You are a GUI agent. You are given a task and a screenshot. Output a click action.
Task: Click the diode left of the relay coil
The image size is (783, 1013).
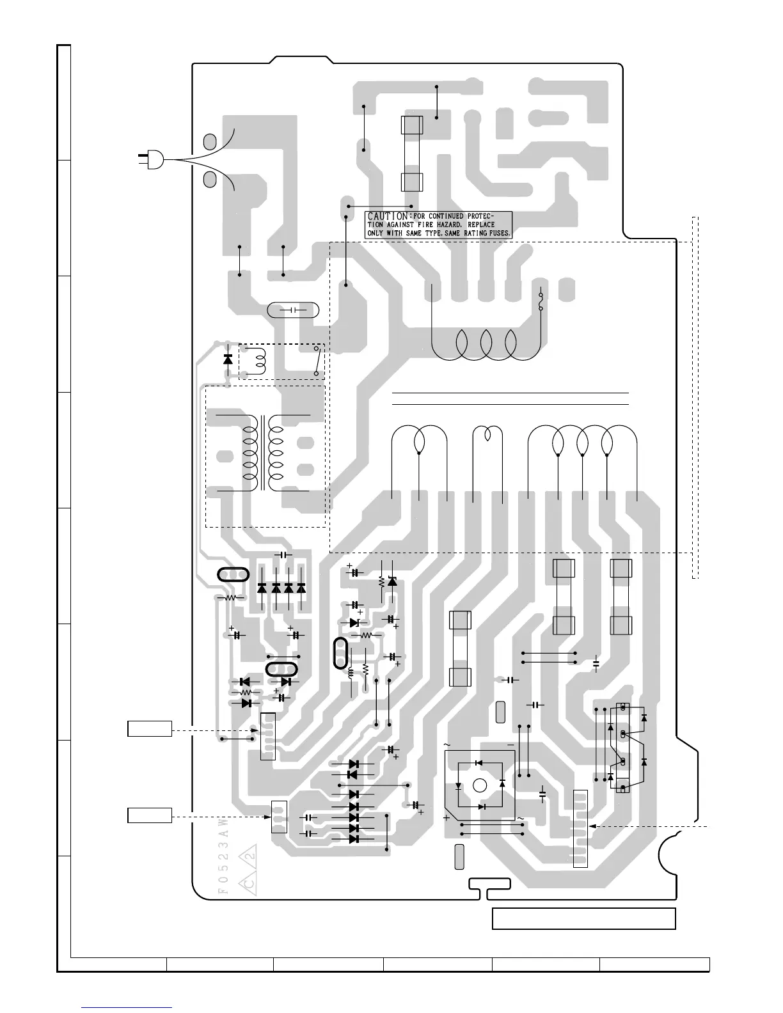pyautogui.click(x=228, y=359)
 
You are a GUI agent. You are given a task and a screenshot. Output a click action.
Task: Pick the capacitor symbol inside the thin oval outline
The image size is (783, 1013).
pyautogui.click(x=293, y=310)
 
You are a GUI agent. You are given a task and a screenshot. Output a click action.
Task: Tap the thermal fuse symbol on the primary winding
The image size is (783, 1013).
pyautogui.click(x=542, y=301)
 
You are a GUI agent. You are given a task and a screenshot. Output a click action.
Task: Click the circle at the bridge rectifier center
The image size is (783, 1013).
pyautogui.click(x=480, y=785)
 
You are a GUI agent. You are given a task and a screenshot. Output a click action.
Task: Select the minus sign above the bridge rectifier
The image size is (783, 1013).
pyautogui.click(x=511, y=746)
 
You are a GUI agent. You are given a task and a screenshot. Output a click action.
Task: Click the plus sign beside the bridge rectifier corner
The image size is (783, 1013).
pyautogui.click(x=447, y=817)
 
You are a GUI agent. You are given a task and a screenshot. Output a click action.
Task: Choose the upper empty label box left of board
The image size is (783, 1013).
pyautogui.click(x=150, y=728)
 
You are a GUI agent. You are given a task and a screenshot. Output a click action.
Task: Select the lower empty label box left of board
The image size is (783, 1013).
pyautogui.click(x=150, y=816)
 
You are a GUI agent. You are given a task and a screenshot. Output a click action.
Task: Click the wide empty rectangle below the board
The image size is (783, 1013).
pyautogui.click(x=583, y=918)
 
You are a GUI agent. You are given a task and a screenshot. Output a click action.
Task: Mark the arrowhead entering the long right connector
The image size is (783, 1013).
pyautogui.click(x=592, y=826)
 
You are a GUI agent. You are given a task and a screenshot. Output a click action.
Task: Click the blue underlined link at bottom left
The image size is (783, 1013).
pyautogui.click(x=127, y=1009)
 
